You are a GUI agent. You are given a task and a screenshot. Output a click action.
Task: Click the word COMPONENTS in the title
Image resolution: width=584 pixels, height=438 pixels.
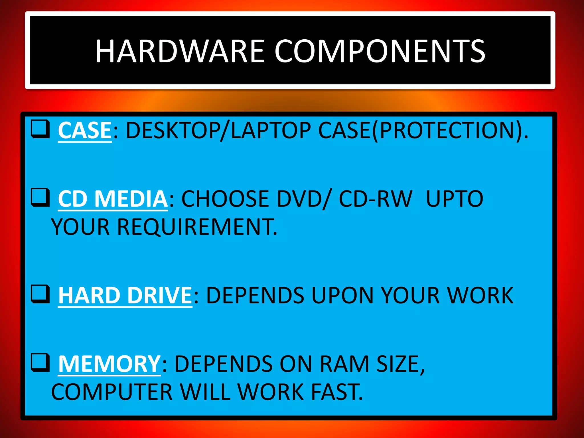pos(380,51)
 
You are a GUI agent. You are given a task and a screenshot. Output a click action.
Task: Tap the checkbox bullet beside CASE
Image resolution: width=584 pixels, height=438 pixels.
pos(40,129)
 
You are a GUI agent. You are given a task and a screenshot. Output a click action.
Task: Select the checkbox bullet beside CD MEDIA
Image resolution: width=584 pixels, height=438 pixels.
pos(40,197)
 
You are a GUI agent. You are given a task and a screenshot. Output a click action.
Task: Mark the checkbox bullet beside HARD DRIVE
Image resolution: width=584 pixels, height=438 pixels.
pos(40,294)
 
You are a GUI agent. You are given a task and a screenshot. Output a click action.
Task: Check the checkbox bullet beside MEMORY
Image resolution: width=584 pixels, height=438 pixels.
pos(40,363)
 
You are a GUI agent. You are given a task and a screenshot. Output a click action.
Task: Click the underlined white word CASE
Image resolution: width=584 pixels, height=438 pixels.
pos(85,131)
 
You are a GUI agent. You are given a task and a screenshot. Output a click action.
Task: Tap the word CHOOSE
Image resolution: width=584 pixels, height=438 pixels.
pos(226,199)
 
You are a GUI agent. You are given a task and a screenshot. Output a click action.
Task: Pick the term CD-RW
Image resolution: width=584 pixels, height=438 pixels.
pos(376,199)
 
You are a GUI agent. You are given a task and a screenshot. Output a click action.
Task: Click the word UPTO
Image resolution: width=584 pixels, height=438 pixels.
pos(455,199)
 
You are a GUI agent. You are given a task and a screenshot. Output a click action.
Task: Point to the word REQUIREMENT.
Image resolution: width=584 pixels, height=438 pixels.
pos(197,227)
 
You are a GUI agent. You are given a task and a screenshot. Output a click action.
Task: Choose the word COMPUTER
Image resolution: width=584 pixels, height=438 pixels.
pos(112,392)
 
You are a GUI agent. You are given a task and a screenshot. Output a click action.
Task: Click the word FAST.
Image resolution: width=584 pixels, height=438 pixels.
pos(337,392)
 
